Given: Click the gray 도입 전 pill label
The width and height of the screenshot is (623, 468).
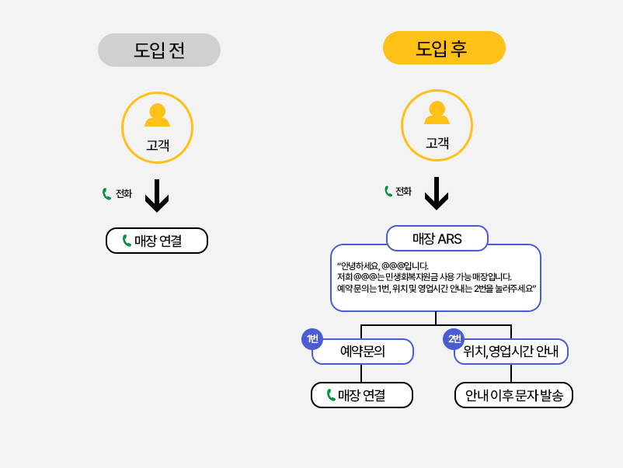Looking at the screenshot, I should (x=159, y=50).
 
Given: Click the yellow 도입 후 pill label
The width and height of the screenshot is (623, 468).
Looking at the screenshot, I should (x=444, y=48).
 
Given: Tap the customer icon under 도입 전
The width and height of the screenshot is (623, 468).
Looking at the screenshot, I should (x=157, y=116).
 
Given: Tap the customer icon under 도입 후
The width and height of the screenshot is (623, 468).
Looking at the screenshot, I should (x=437, y=113).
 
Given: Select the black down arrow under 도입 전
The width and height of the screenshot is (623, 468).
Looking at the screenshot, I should (x=157, y=196).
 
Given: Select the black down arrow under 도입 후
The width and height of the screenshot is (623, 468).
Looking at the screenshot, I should (x=437, y=194).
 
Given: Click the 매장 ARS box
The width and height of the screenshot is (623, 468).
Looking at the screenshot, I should (x=437, y=238).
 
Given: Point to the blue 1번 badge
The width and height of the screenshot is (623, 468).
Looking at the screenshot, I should (x=311, y=339).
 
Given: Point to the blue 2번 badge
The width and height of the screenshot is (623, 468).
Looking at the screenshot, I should (x=454, y=339).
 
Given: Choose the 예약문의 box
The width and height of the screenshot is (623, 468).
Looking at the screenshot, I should (x=363, y=352).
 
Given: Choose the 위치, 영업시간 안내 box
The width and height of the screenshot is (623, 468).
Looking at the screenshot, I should (x=511, y=352).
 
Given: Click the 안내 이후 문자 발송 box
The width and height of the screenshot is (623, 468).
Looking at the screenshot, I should (x=513, y=395).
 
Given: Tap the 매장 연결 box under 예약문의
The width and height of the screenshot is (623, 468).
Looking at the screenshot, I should (x=362, y=395).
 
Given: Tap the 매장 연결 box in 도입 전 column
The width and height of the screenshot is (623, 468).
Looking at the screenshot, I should (x=157, y=241).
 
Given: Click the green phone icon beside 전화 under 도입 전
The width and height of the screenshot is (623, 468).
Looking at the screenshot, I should (x=106, y=194).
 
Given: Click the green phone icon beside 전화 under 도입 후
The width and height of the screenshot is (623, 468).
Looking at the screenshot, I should (x=388, y=191).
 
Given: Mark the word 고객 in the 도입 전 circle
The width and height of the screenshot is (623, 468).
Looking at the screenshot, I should (x=157, y=144).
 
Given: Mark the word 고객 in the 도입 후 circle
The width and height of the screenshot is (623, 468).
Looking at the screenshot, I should (x=437, y=143).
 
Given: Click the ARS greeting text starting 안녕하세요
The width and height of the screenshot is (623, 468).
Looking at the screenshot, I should (x=435, y=277).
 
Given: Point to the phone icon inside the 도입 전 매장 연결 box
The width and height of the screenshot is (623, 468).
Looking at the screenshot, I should (x=127, y=241).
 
